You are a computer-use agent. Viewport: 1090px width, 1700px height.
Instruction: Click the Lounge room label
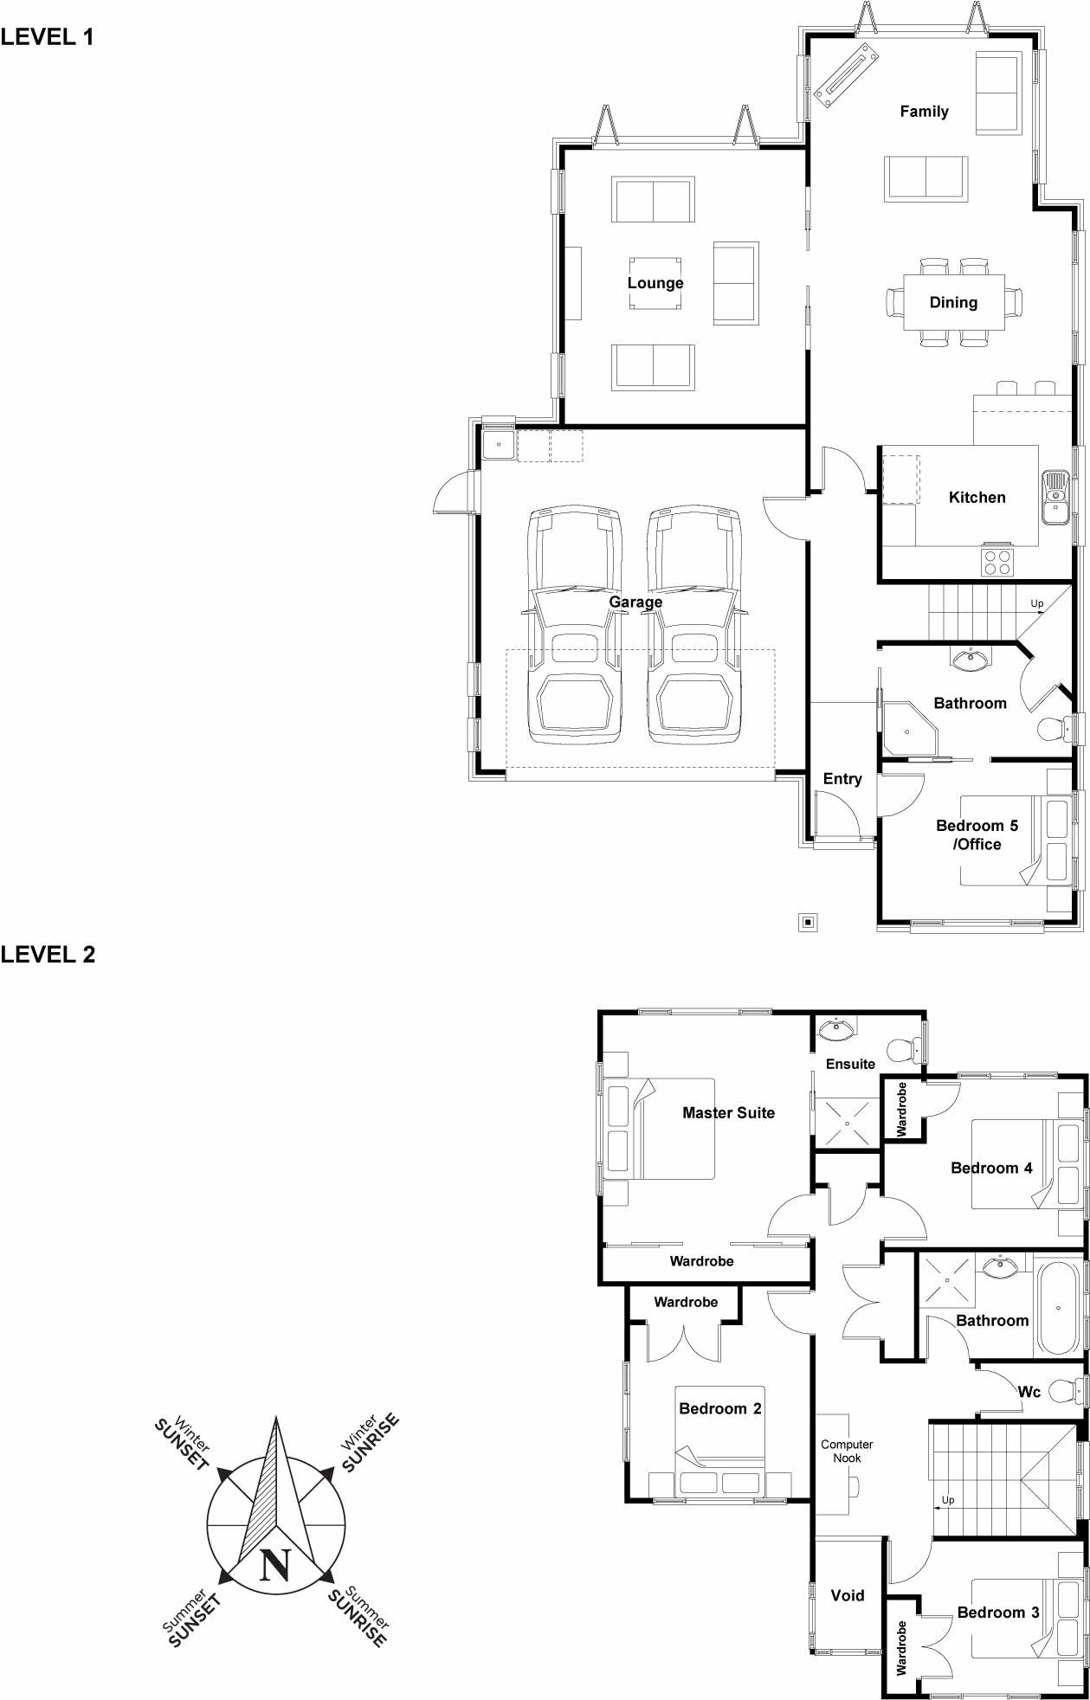[655, 283]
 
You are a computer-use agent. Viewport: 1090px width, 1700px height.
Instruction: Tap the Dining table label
[953, 302]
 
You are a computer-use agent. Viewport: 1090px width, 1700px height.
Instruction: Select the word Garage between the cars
[635, 602]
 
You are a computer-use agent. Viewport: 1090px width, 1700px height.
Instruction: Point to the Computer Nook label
[847, 1451]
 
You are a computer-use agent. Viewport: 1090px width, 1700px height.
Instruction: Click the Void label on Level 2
[847, 1595]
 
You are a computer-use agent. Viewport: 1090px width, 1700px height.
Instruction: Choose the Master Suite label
[728, 1113]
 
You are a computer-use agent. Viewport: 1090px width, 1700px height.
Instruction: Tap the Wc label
[1029, 1392]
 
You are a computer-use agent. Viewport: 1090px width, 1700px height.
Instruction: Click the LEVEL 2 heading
[48, 954]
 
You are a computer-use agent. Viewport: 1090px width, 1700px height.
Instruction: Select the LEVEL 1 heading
[47, 36]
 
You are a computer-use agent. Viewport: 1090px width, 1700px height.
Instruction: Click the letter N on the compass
[275, 1565]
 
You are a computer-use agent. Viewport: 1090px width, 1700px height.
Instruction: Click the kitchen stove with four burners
[996, 562]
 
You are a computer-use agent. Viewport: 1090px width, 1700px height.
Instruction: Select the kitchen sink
[1055, 498]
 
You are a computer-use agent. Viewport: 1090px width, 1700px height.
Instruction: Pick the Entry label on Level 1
[842, 779]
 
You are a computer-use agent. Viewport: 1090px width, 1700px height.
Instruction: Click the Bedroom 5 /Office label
[977, 834]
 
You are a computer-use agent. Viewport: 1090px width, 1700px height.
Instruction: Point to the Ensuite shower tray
[846, 1123]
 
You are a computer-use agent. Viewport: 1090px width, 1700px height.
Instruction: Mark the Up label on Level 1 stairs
[1036, 603]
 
